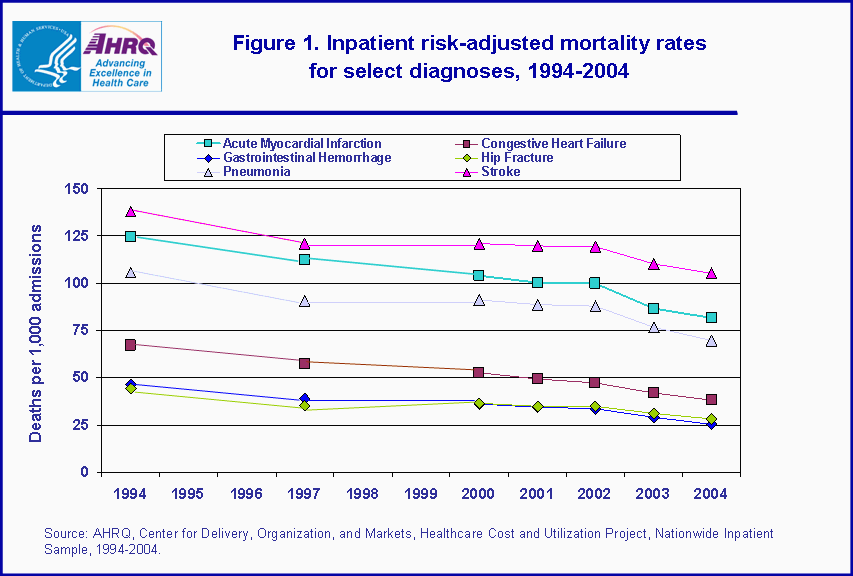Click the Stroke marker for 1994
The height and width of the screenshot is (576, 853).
click(x=130, y=211)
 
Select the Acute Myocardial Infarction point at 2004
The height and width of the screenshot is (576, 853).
click(x=711, y=318)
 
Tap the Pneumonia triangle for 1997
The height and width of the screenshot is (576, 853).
click(x=305, y=301)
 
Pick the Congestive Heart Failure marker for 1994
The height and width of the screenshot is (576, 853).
click(x=130, y=345)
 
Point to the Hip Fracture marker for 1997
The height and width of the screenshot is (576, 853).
click(x=305, y=407)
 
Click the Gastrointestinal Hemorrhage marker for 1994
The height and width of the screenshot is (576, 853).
click(x=130, y=384)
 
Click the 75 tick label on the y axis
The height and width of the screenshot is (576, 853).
click(x=80, y=331)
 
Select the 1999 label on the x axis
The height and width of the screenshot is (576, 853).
click(x=421, y=494)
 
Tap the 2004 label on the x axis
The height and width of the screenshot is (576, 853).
click(x=711, y=494)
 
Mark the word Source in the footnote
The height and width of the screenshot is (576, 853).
click(x=64, y=534)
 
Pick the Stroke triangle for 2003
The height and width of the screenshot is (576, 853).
click(x=653, y=264)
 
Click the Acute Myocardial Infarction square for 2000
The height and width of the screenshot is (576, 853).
click(x=479, y=275)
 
